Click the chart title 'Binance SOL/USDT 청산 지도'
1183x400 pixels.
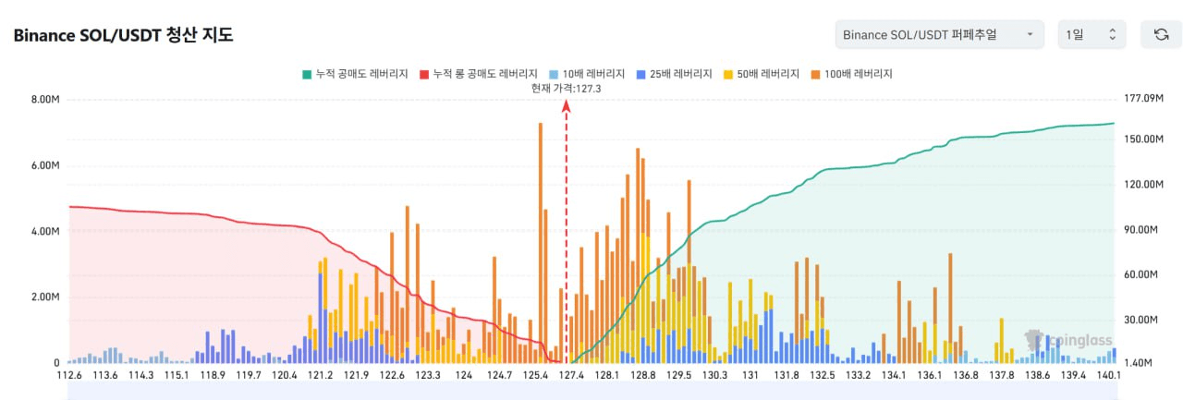click(123, 36)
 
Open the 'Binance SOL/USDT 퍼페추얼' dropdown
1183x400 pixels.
click(939, 34)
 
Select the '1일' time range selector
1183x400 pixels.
click(1092, 34)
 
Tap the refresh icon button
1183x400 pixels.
click(1161, 34)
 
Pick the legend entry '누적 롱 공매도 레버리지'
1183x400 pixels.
click(479, 73)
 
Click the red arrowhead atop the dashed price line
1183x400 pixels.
click(567, 106)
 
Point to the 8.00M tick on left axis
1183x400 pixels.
click(44, 99)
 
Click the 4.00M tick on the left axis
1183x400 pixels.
click(44, 231)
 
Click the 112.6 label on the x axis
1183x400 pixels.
click(69, 375)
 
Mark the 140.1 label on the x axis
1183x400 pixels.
click(1108, 375)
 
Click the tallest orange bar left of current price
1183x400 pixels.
click(541, 240)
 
